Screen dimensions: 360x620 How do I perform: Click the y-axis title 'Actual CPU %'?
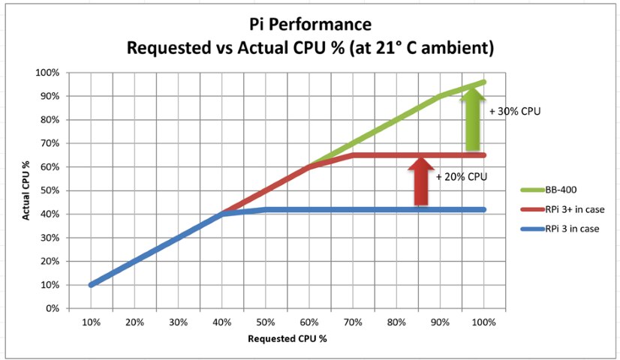(x=26, y=190)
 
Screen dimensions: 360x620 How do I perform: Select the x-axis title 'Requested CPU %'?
(x=287, y=337)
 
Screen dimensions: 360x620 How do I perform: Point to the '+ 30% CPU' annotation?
(x=514, y=111)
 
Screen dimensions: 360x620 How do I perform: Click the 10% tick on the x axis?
(x=91, y=322)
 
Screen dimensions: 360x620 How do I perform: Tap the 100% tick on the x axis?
(x=484, y=322)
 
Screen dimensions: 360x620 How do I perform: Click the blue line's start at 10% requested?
(x=91, y=284)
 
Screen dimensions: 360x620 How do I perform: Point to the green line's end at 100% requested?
(x=483, y=82)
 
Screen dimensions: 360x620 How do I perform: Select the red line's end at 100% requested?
(x=483, y=155)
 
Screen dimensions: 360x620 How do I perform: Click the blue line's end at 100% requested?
(x=483, y=209)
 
